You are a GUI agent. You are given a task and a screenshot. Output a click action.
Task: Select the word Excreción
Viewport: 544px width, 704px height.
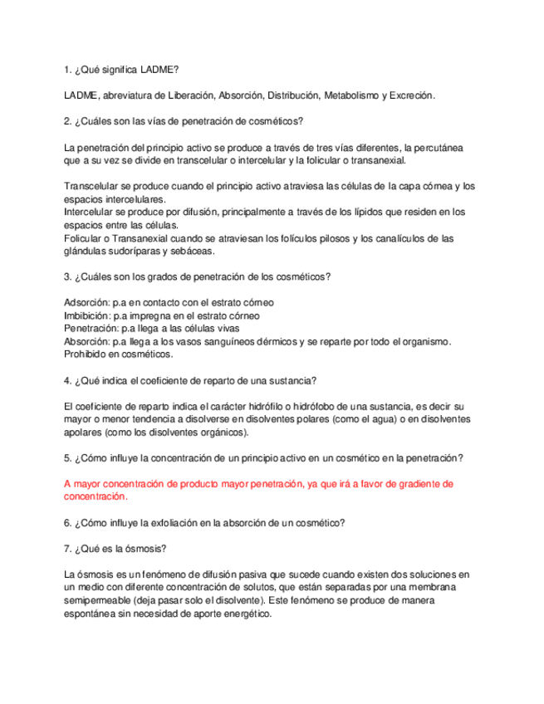point(411,95)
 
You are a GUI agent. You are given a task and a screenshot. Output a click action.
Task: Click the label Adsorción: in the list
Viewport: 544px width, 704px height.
point(86,302)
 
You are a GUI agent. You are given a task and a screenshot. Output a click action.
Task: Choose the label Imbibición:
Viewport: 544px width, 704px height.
point(86,315)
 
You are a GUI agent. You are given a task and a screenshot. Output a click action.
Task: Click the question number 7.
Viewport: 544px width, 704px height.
point(67,549)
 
